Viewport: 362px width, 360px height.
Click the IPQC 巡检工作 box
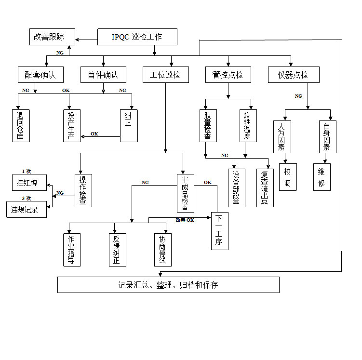tap(137, 37)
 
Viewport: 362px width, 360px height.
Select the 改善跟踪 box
tap(52, 37)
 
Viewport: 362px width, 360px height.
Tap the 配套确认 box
tap(40, 75)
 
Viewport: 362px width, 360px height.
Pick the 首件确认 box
tap(103, 75)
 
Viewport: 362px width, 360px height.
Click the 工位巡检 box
tap(166, 75)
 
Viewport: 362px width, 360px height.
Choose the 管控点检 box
tap(228, 75)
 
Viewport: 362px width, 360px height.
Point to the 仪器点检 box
tap(294, 75)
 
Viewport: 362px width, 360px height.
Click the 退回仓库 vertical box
tap(21, 125)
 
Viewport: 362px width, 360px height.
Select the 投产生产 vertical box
tap(72, 125)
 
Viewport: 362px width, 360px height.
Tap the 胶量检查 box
tap(208, 125)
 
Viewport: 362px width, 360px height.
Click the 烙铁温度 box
tap(248, 125)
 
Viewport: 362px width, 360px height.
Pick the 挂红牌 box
tap(29, 182)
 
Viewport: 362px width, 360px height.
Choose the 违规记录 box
tap(27, 209)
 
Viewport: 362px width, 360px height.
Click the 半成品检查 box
tap(186, 193)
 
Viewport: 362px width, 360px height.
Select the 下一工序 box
tap(220, 231)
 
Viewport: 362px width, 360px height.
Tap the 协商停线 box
tap(163, 250)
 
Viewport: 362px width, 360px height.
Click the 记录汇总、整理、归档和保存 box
tap(168, 285)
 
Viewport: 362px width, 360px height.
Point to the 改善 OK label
tap(185, 220)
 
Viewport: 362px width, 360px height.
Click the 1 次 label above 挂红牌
tap(27, 171)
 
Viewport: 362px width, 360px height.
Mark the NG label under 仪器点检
tap(298, 96)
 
